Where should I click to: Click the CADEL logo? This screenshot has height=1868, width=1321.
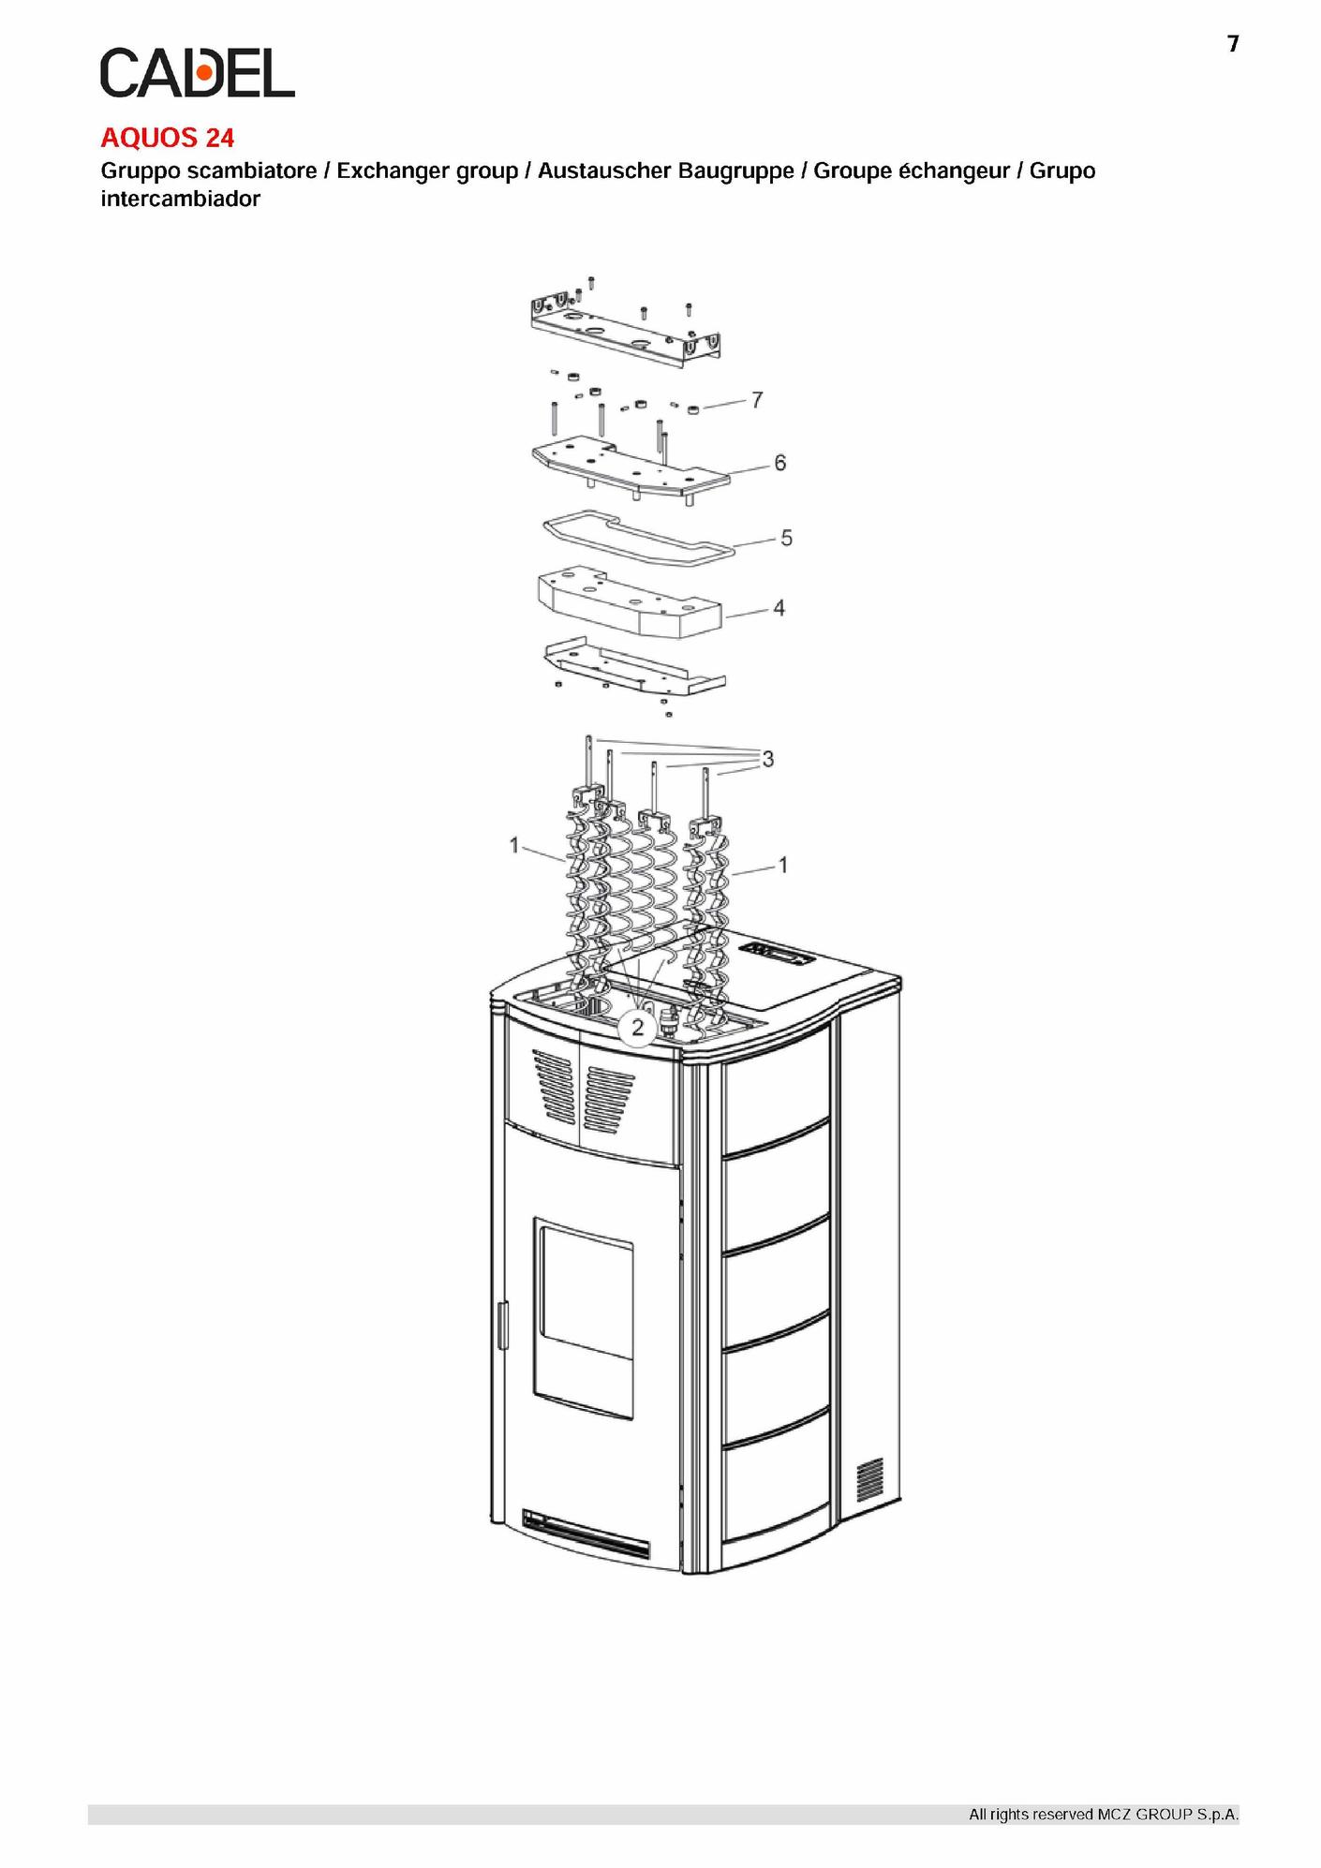click(198, 73)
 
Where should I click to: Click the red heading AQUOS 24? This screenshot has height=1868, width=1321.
click(168, 138)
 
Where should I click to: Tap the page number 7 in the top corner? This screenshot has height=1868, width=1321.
click(1233, 44)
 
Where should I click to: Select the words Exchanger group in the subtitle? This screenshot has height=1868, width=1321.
click(427, 171)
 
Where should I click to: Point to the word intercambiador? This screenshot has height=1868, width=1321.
click(181, 199)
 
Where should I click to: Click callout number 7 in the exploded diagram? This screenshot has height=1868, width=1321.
click(757, 400)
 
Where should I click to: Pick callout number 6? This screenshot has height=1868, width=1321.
click(780, 463)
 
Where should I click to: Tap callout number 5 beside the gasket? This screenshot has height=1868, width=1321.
click(786, 538)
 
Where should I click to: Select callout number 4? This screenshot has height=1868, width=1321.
click(779, 608)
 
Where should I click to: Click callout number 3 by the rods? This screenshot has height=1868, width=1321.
click(768, 759)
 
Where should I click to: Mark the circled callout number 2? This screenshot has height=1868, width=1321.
click(638, 1028)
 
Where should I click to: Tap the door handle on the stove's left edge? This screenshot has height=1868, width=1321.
click(502, 1325)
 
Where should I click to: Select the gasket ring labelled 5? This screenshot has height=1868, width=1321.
click(639, 538)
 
